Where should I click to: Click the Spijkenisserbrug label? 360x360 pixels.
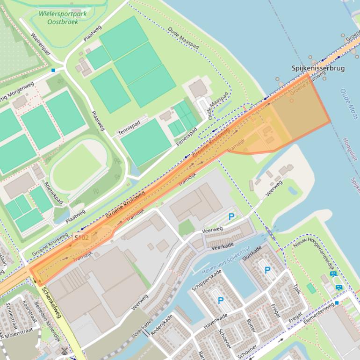click(x=318, y=68)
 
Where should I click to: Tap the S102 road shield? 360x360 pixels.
click(x=81, y=238)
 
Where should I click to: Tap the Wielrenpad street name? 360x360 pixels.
click(x=40, y=44)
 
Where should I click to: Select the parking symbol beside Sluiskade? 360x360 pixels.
click(x=267, y=270)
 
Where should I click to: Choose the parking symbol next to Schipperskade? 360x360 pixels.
click(x=220, y=300)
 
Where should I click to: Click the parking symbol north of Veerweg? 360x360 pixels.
click(x=231, y=216)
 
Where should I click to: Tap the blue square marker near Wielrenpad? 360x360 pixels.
click(x=53, y=70)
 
